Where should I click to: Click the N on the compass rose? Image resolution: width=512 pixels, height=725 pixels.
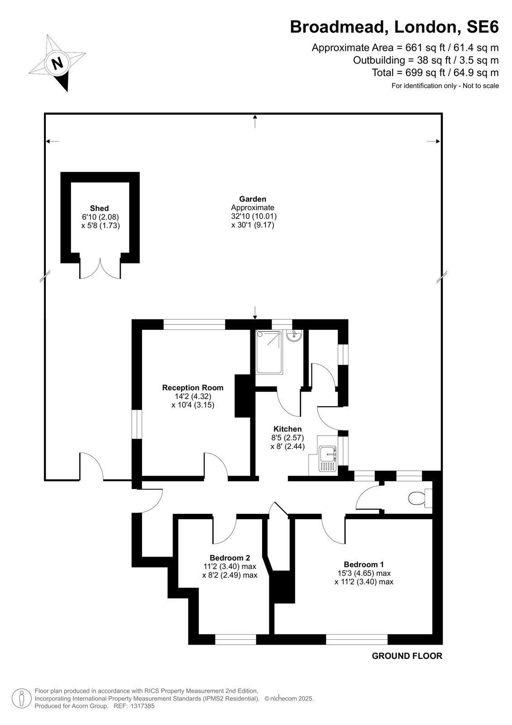tap(57, 63)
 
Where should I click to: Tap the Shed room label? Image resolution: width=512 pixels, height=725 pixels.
tap(99, 208)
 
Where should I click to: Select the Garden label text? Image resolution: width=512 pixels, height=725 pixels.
tap(253, 199)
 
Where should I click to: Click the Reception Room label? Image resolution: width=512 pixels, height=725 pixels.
tap(193, 387)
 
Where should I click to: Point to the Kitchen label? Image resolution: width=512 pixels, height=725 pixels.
tap(287, 429)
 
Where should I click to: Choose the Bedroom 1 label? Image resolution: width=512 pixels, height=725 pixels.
tap(364, 565)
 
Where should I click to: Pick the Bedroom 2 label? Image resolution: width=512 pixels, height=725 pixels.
tap(230, 558)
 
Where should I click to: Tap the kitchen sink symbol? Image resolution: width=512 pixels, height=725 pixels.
tap(328, 459)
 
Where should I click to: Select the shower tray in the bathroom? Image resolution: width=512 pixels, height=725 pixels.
tap(269, 352)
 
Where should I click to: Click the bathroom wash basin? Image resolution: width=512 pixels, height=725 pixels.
tap(294, 336)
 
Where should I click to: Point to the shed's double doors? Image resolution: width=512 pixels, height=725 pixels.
tap(100, 268)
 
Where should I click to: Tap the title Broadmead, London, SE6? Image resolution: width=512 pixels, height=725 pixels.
tap(394, 27)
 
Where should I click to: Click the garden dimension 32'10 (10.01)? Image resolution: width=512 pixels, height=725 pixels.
tap(254, 216)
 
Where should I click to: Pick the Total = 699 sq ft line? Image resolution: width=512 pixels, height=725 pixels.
tap(435, 72)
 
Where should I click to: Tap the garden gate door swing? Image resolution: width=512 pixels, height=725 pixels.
tap(91, 466)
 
